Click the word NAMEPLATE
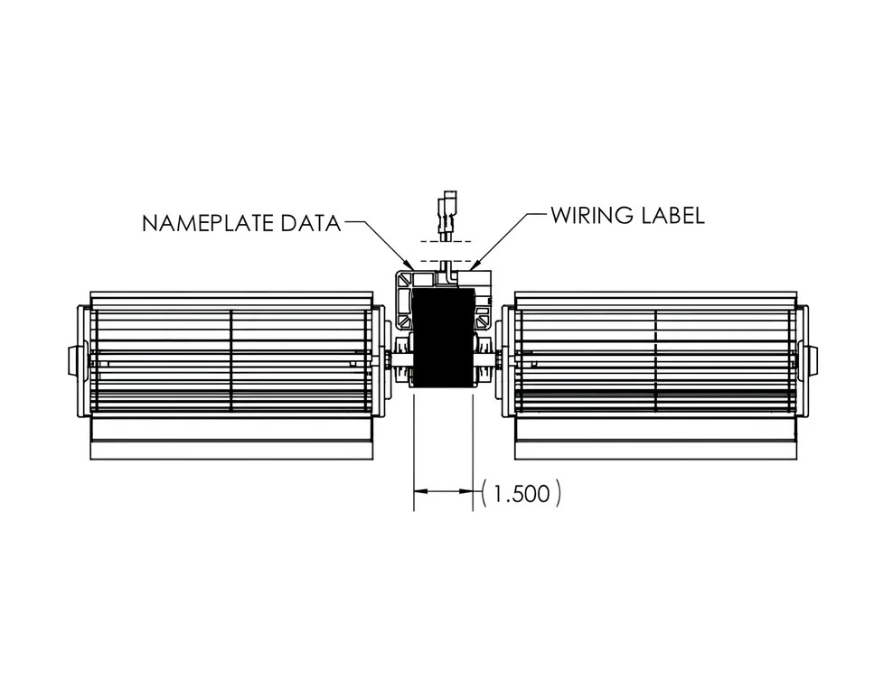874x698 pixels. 209,223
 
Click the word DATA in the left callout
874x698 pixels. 311,223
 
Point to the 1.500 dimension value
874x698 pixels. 522,494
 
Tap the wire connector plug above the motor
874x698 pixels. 448,216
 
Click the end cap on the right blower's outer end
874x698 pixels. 813,360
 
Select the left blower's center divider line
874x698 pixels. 230,361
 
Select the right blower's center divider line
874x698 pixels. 656,361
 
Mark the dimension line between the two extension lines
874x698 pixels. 443,491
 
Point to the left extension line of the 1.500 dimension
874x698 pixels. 414,452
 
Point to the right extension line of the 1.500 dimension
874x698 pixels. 473,452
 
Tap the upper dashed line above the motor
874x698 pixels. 446,242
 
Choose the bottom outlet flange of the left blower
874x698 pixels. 231,451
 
